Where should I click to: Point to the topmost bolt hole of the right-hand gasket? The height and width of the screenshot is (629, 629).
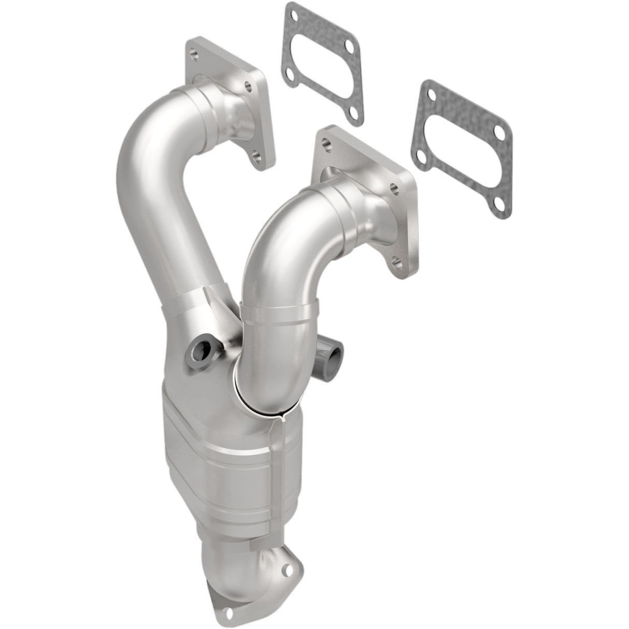(x=432, y=94)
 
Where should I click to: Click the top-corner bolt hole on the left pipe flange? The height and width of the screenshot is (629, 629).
(x=193, y=52)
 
